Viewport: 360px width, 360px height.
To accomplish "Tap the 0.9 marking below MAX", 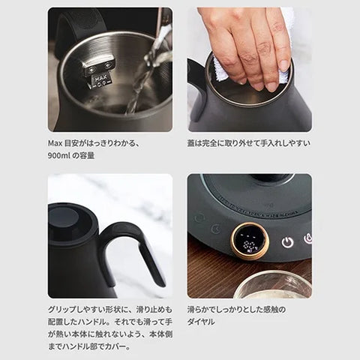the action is tap(101, 84).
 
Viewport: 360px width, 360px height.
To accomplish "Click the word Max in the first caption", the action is tap(55, 143).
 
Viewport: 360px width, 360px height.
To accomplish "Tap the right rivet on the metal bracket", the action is tap(108, 65).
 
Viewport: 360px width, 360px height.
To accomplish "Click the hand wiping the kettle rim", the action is tap(247, 45).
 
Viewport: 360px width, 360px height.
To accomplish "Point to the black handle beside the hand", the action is tap(197, 85).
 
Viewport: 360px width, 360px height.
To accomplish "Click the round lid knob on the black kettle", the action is tap(65, 219).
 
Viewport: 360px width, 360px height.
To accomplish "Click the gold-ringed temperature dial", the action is tap(250, 241).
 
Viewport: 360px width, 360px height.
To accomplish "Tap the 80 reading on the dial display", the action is tap(248, 244).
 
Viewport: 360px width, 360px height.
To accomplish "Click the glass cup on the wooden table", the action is tap(273, 284).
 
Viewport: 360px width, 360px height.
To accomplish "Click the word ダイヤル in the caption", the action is tap(201, 322).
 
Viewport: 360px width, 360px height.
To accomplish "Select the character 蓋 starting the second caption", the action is tap(191, 143).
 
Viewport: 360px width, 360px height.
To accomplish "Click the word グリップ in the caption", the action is tap(62, 310).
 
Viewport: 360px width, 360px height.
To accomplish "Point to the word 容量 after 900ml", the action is tap(87, 156).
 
